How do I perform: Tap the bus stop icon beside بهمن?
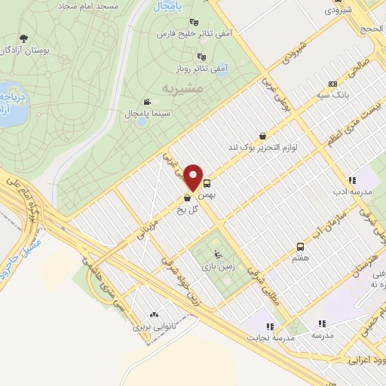tap(207, 183)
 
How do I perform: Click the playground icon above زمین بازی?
tap(219, 253)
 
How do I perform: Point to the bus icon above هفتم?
tap(301, 247)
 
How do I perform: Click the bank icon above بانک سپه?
tap(332, 84)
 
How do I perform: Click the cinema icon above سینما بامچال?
tap(146, 101)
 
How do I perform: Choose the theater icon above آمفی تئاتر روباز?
tap(201, 55)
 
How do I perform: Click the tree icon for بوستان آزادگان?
tap(25, 38)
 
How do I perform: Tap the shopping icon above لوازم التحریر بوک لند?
tap(262, 136)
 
